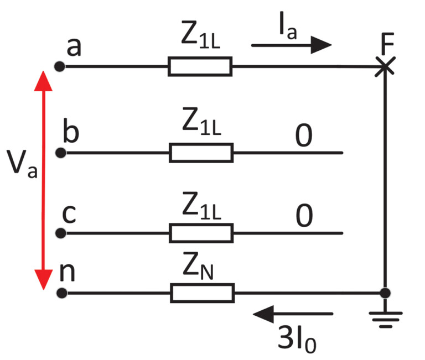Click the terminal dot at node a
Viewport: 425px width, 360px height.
(x=60, y=67)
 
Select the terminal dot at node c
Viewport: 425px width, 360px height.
(x=60, y=233)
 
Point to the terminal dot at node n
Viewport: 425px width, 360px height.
(x=60, y=293)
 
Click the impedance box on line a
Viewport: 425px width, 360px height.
(x=200, y=67)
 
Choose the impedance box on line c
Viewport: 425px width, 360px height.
(x=201, y=233)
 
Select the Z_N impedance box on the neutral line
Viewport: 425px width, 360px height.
(x=202, y=293)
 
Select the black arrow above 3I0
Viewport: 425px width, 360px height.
(x=293, y=314)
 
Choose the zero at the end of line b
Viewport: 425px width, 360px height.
(x=303, y=136)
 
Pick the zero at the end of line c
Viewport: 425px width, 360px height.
(x=303, y=217)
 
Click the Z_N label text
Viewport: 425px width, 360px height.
(x=201, y=270)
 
